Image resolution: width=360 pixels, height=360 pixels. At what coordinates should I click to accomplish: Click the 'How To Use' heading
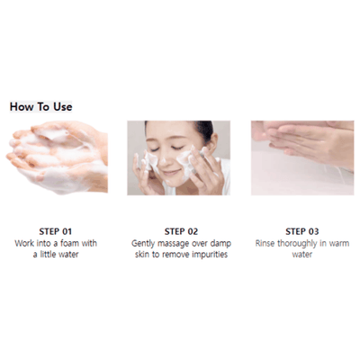pos(41,106)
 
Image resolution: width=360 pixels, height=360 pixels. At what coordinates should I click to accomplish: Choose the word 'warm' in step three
pos(338,242)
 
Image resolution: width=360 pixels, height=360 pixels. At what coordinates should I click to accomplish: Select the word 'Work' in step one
pos(25,242)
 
